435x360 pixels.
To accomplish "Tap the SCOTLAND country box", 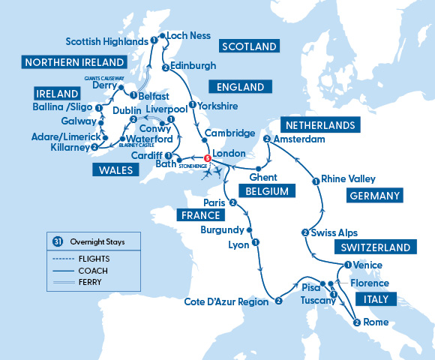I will pos(248,46).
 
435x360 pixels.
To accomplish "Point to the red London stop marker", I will pos(207,157).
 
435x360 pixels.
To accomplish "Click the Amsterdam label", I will pos(299,139).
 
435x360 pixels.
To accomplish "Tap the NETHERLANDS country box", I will pos(318,124).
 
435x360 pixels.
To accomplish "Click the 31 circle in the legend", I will pos(57,241).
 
